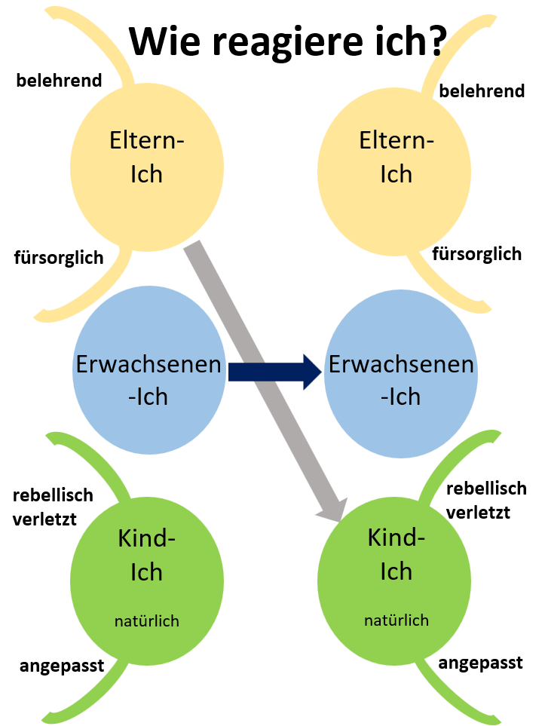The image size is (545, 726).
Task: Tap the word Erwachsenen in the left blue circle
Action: click(x=149, y=366)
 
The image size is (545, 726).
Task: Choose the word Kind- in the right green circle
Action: click(x=396, y=538)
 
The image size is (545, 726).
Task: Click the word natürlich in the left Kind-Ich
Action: click(x=147, y=621)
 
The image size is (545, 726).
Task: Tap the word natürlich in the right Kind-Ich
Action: click(x=397, y=620)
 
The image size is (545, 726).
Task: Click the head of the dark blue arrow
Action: click(x=312, y=372)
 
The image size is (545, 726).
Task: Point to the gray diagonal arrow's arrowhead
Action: click(x=332, y=509)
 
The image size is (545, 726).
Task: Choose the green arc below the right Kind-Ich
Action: click(x=452, y=697)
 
